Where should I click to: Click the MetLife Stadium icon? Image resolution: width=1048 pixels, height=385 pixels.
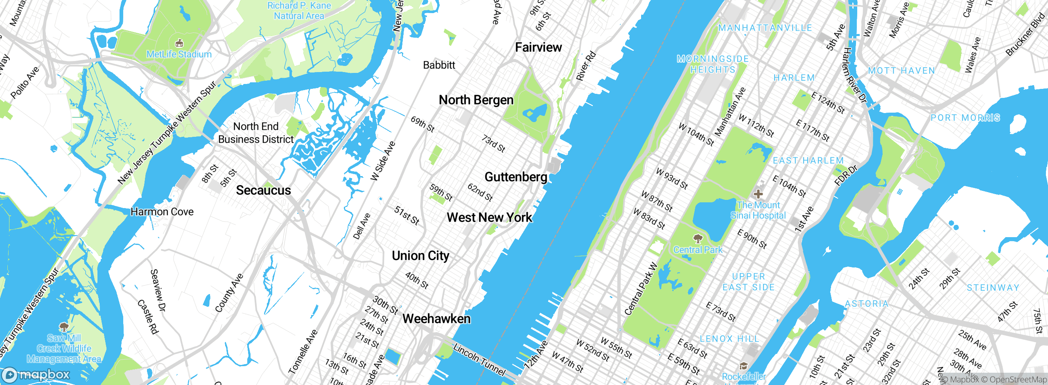179,43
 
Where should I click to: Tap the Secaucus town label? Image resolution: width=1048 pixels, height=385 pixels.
263,190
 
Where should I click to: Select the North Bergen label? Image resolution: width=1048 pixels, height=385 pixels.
476,100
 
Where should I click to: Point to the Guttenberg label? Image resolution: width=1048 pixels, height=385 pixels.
516,177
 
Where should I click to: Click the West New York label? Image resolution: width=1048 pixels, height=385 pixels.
489,217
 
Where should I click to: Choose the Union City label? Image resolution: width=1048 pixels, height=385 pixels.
420,256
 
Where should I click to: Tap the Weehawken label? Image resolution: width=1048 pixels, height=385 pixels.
436,319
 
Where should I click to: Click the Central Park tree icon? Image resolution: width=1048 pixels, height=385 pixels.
698,238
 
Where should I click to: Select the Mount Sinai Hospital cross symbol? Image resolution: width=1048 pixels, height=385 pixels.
758,194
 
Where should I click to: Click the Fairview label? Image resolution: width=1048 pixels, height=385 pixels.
538,48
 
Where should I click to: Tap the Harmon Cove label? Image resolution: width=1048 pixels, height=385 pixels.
162,212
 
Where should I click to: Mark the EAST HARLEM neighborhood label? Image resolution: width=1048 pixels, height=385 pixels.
808,161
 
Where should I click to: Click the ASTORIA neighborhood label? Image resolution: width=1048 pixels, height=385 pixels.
867,304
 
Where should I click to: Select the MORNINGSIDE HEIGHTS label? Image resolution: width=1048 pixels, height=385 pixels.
713,64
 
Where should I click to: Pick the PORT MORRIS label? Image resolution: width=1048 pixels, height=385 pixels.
965,118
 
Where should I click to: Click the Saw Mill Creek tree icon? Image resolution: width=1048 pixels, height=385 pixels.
63,326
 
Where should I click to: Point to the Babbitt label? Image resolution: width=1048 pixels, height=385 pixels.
439,65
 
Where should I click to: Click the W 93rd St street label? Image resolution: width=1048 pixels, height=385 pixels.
672,179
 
